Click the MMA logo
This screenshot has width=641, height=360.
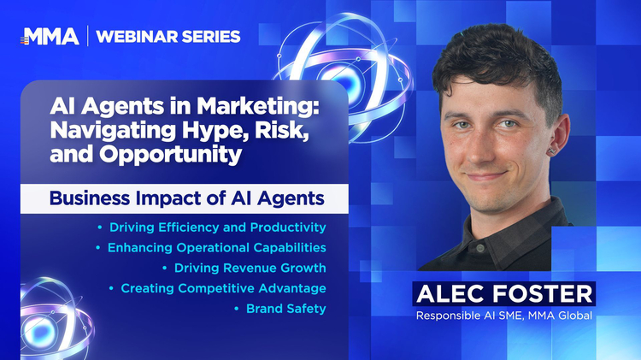click(x=50, y=37)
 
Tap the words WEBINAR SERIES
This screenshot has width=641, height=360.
click(x=168, y=37)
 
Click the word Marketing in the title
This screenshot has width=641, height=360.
click(x=257, y=107)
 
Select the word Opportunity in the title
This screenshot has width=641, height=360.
click(x=170, y=155)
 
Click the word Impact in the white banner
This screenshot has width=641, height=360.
click(x=180, y=199)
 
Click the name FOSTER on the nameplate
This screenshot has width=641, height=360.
click(x=543, y=293)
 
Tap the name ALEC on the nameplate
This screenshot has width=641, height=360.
click(x=450, y=293)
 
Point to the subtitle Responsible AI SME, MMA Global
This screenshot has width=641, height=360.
click(x=504, y=316)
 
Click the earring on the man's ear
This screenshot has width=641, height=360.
click(x=551, y=150)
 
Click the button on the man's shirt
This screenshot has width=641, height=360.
click(x=480, y=248)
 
